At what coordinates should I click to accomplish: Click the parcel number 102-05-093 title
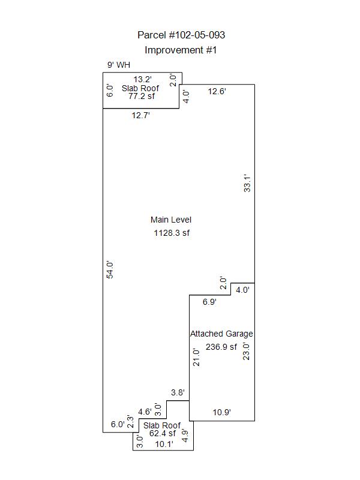tap(181, 35)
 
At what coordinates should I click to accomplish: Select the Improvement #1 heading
tap(181, 50)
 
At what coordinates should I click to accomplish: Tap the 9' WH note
tap(118, 65)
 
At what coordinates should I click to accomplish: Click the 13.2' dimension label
tap(142, 79)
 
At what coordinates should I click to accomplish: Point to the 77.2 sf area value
tap(142, 96)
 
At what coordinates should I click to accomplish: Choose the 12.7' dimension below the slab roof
tap(140, 115)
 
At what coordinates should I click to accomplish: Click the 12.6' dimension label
tap(217, 91)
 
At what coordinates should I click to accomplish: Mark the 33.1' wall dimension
tap(247, 184)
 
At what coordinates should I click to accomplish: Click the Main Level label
tap(171, 220)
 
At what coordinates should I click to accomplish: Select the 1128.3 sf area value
tap(172, 233)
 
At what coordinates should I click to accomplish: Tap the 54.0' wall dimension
tap(110, 269)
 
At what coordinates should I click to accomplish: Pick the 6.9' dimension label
tap(209, 302)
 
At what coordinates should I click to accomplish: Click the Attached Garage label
tap(221, 334)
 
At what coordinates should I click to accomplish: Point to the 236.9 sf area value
tap(221, 347)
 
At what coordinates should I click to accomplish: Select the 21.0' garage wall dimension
tap(196, 357)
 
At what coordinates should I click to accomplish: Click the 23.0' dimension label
tap(246, 352)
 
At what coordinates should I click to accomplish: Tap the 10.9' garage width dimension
tap(221, 412)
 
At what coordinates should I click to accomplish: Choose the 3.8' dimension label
tap(178, 392)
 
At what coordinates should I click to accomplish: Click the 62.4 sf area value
tap(163, 433)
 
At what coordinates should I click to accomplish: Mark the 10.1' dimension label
tap(164, 444)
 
